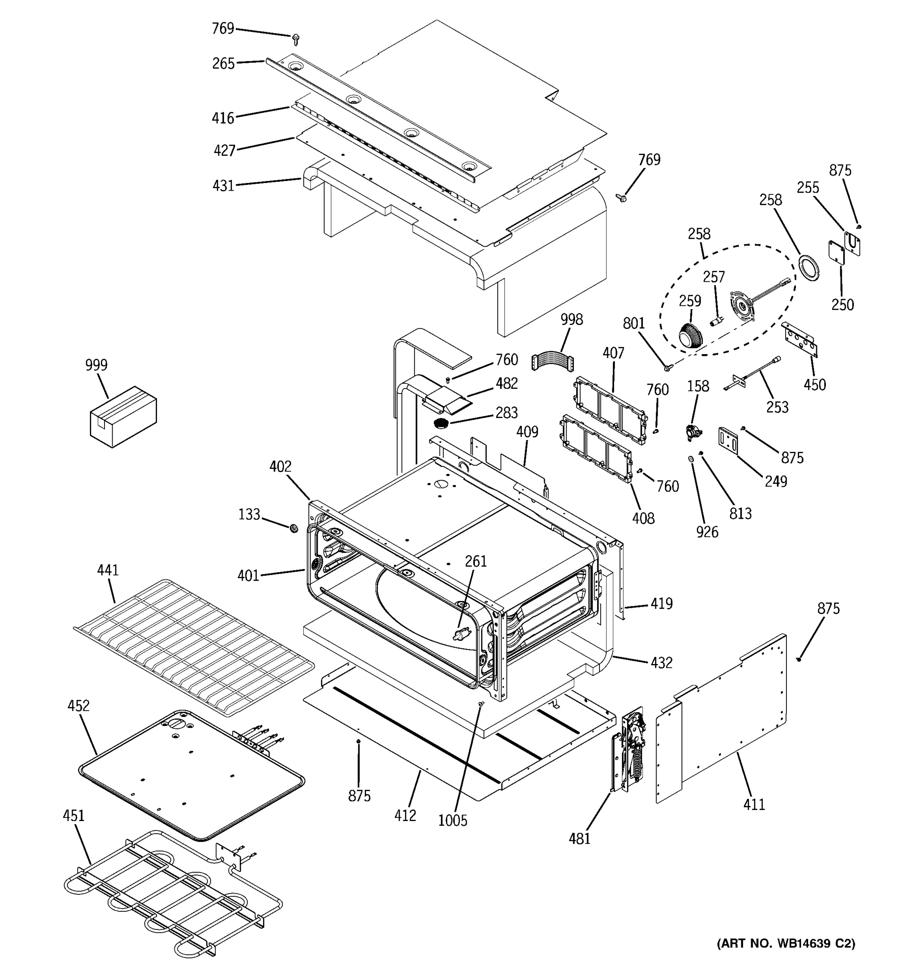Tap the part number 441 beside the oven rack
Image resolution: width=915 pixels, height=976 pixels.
[x=107, y=570]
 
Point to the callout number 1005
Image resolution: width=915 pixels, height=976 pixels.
[x=453, y=820]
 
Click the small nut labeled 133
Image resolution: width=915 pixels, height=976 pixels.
[x=294, y=528]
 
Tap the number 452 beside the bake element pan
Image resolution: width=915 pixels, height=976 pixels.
[x=78, y=706]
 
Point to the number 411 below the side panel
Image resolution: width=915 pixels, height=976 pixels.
[x=754, y=804]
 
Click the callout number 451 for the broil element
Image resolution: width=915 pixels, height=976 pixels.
[x=74, y=815]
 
